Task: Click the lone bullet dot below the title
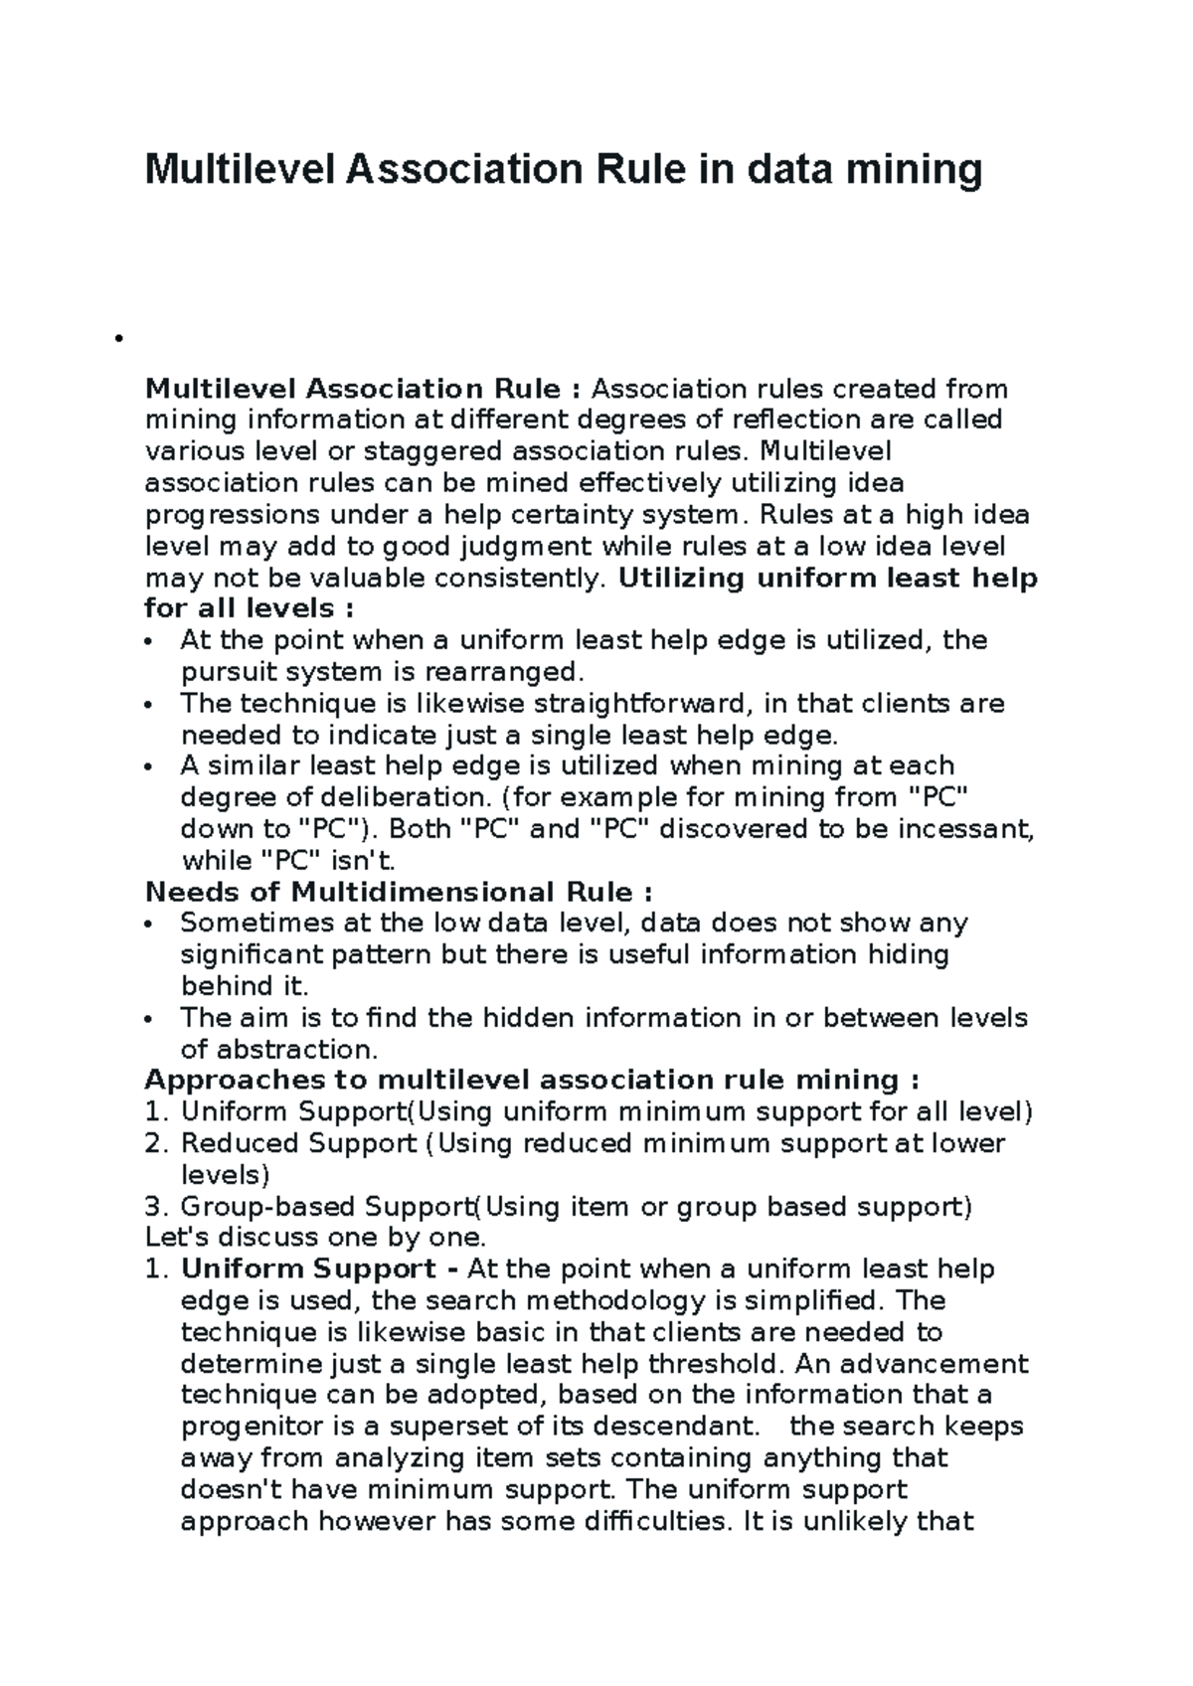tap(117, 339)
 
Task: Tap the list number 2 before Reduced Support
tap(153, 1144)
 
